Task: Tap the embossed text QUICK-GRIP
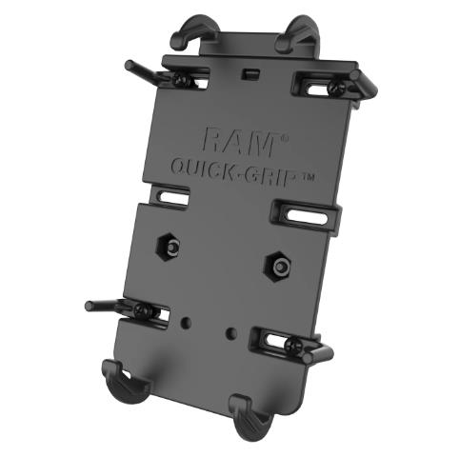(233, 172)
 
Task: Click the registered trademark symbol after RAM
(285, 139)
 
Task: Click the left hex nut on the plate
(170, 247)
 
